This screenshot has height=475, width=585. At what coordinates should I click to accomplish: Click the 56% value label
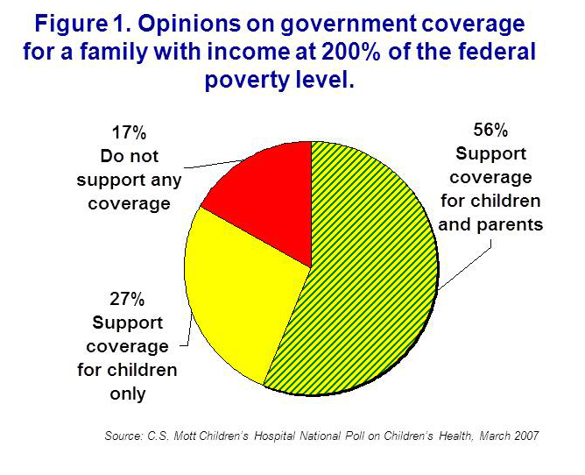(490, 131)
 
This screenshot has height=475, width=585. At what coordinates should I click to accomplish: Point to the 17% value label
(130, 134)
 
